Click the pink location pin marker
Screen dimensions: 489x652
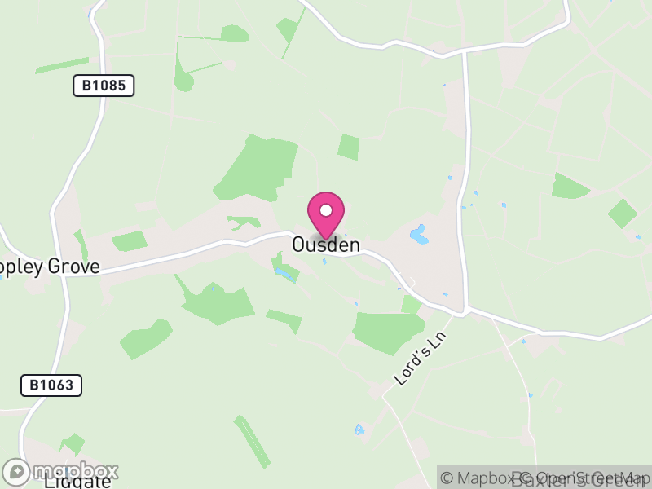326,214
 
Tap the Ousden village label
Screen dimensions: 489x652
326,244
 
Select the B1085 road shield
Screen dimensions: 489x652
104,86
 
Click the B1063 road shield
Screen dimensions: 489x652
51,385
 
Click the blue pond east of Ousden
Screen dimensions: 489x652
419,235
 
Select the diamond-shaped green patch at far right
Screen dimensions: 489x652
623,214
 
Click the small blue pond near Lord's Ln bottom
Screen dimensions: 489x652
359,429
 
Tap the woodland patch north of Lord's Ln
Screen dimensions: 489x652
389,330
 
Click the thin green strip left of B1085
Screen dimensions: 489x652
62,65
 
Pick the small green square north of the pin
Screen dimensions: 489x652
349,147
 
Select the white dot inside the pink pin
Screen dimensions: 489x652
326,210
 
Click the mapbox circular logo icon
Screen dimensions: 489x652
16,471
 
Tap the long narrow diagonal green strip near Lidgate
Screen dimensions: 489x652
253,442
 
